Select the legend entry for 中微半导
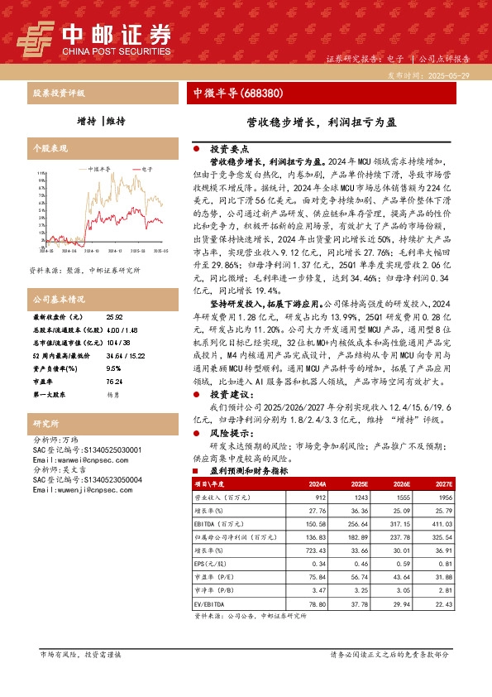tap(98, 169)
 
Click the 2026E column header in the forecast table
tap(401, 483)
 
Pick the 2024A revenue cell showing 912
tap(318, 497)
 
